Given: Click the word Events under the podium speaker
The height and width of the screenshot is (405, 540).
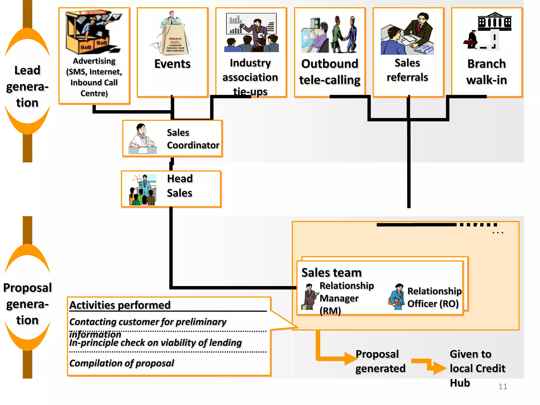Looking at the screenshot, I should tap(172, 64).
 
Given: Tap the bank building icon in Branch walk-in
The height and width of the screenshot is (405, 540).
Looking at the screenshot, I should tap(494, 21).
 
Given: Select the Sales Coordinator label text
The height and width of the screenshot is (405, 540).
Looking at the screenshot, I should tap(192, 139).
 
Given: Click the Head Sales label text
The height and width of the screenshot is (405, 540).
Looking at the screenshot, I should tap(180, 186).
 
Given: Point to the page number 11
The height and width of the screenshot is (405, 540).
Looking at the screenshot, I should tap(503, 387).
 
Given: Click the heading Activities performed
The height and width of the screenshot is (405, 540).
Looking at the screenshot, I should tap(120, 305).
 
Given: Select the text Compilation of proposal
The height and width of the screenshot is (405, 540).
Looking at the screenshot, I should tap(122, 363).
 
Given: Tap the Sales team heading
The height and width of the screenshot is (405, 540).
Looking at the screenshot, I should tap(331, 273).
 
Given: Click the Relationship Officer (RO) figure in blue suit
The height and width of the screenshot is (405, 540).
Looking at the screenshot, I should tap(397, 297).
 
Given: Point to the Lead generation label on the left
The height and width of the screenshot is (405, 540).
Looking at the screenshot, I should tap(27, 86).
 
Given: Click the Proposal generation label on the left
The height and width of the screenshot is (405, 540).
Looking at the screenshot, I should tap(27, 304).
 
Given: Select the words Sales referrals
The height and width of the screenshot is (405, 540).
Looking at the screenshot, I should tap(407, 70).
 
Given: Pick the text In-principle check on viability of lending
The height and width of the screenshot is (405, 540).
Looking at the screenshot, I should tap(155, 343).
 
